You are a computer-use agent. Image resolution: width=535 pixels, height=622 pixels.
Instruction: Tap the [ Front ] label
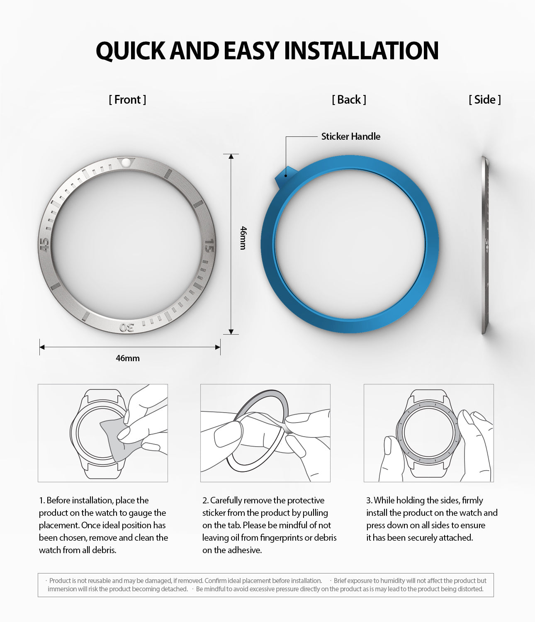click(127, 100)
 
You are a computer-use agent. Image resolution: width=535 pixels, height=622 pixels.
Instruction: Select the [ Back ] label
click(349, 100)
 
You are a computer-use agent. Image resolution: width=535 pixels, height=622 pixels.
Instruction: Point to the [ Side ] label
click(484, 100)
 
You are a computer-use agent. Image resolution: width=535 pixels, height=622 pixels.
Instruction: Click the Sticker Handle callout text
click(350, 136)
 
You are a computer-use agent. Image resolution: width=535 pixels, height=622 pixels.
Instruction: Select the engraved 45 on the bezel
click(44, 245)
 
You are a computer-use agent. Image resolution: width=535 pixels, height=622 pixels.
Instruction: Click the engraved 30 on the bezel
click(127, 327)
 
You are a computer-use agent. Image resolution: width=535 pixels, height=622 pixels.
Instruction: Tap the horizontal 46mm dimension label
click(128, 358)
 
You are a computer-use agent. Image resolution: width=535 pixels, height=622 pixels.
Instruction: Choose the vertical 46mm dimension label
click(243, 238)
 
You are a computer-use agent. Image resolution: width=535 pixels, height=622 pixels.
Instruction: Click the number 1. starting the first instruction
click(41, 501)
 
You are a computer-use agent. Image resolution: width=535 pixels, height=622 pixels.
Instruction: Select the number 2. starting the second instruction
click(205, 501)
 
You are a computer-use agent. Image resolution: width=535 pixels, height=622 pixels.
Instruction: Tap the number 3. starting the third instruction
click(369, 501)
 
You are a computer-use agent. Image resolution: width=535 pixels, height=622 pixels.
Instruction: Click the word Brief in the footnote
click(342, 581)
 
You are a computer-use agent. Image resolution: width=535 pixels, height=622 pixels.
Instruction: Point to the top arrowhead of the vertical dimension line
click(231, 156)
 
